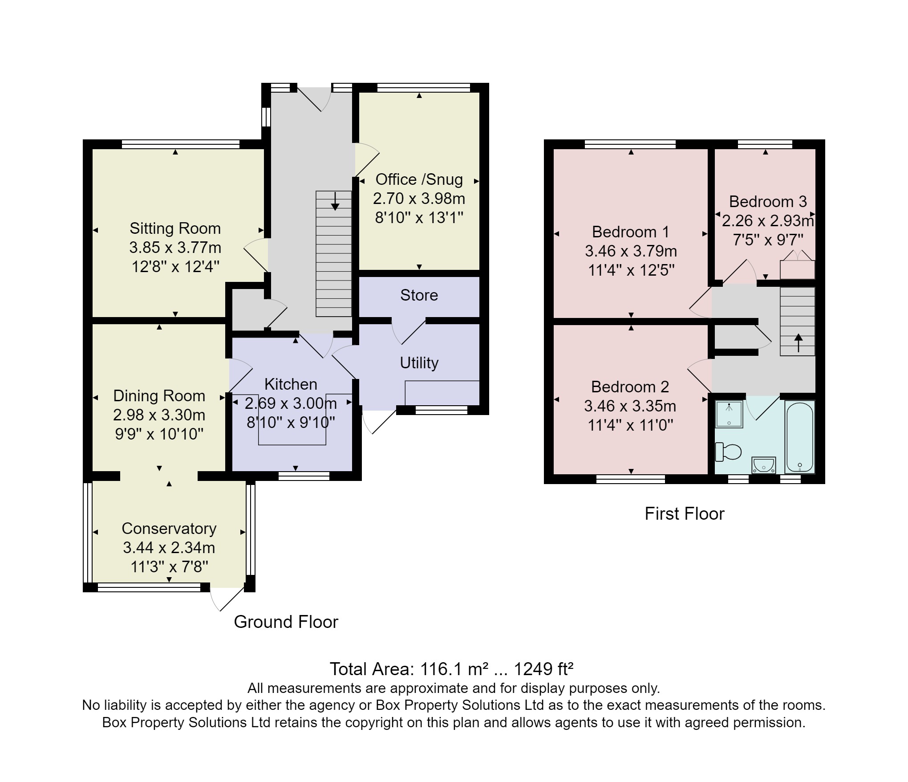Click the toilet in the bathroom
[x=729, y=452]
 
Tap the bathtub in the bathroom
[x=800, y=436]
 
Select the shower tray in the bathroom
[x=729, y=414]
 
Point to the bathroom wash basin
[x=764, y=465]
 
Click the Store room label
[x=419, y=295]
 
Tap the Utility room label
[x=419, y=363]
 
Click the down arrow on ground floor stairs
[x=335, y=201]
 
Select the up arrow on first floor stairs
[x=799, y=342]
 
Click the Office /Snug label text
[x=419, y=179]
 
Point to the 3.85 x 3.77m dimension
[x=175, y=248]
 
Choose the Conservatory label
[x=169, y=529]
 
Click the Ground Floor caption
[x=286, y=622]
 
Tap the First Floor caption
[x=684, y=514]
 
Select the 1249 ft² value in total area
[x=543, y=669]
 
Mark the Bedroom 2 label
[x=630, y=387]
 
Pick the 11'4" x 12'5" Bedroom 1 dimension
[x=631, y=270]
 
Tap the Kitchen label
[x=291, y=384]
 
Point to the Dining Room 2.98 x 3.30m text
[x=159, y=415]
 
